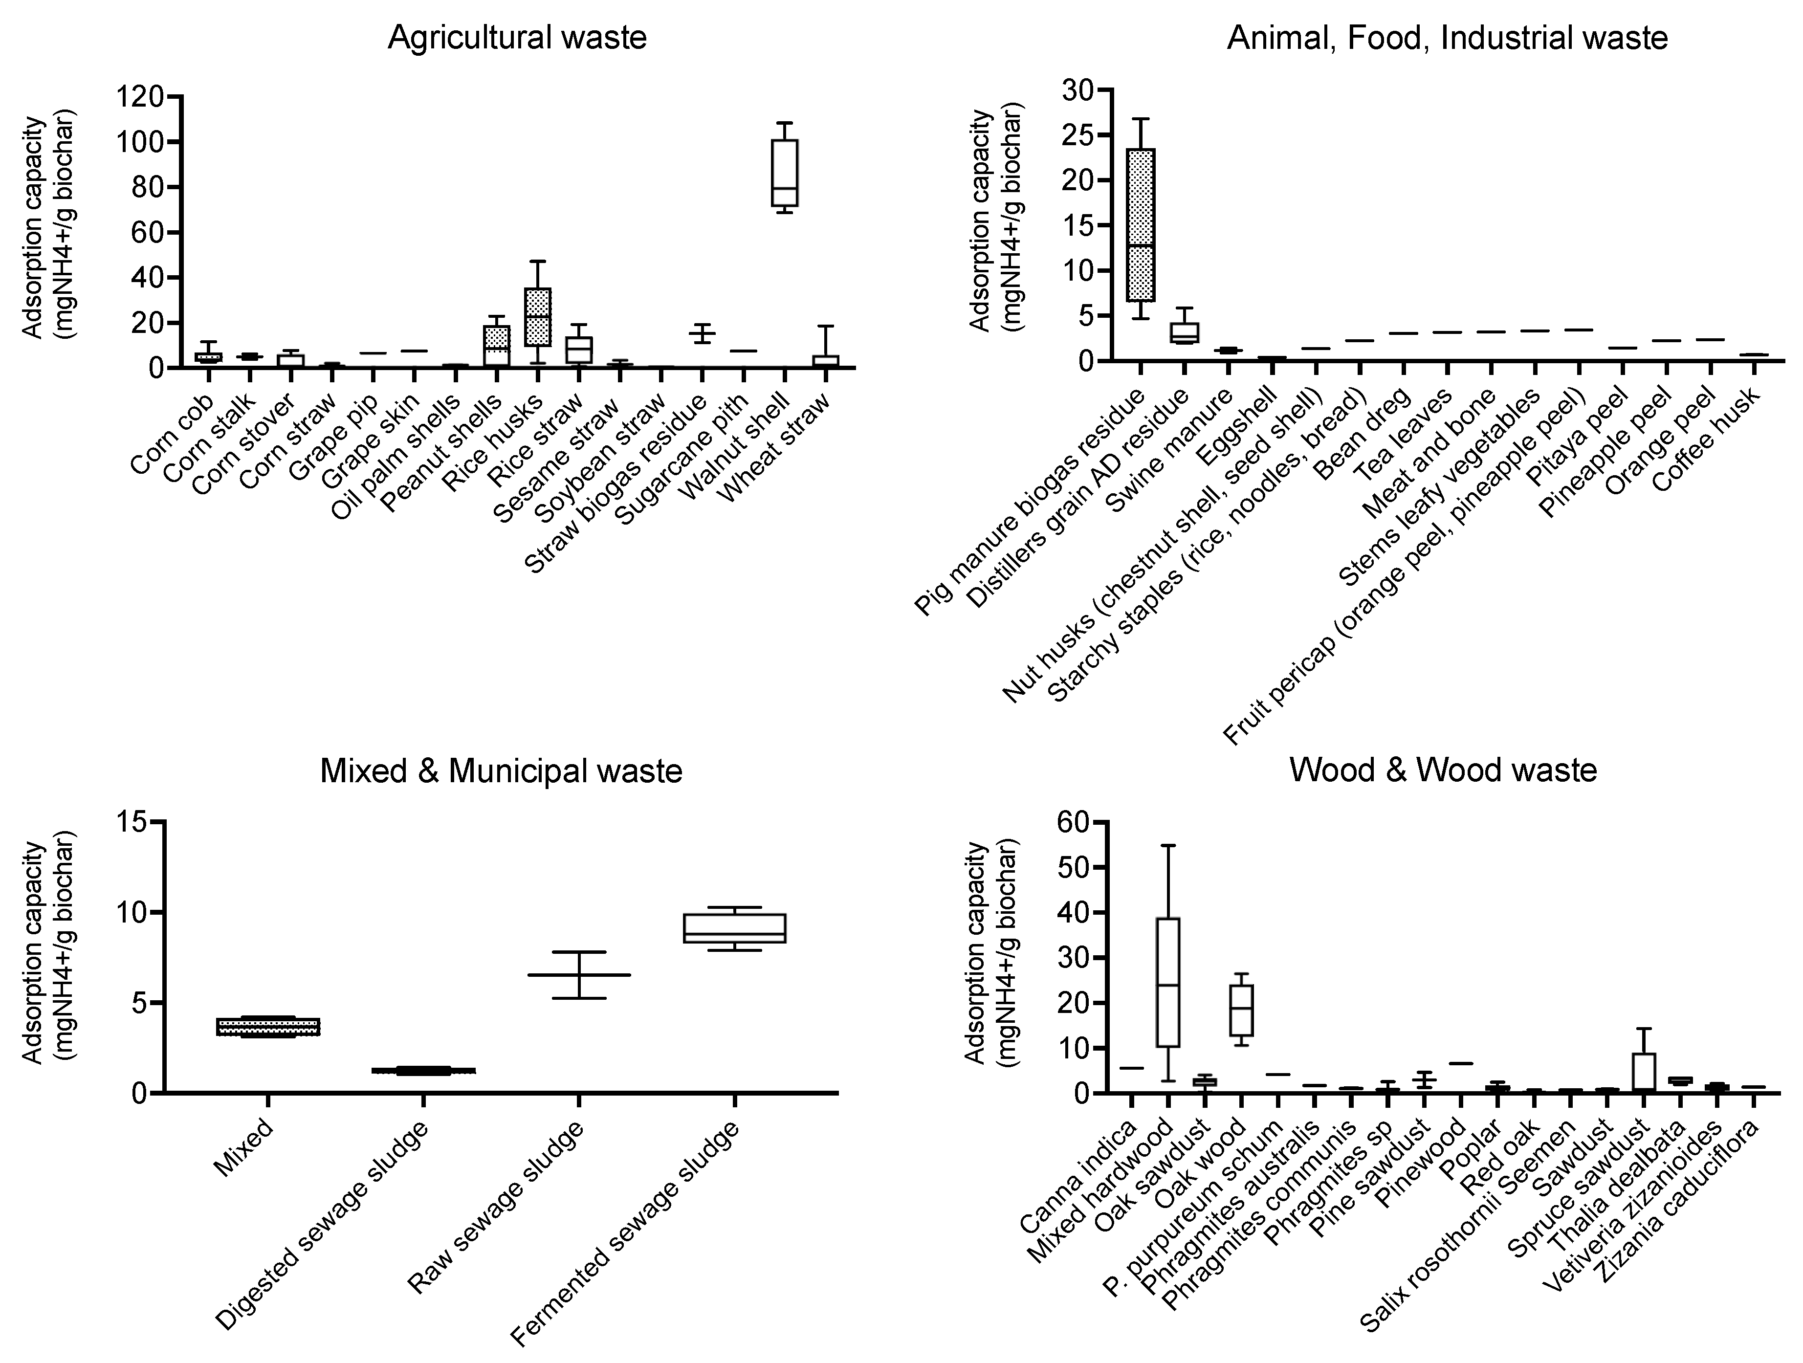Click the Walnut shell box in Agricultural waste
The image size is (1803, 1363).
tap(784, 173)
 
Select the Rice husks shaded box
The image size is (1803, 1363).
tap(538, 316)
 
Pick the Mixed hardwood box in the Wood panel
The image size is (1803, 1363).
tap(1168, 982)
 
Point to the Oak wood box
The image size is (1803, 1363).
tap(1241, 1011)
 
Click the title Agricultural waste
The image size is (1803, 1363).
tap(517, 38)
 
